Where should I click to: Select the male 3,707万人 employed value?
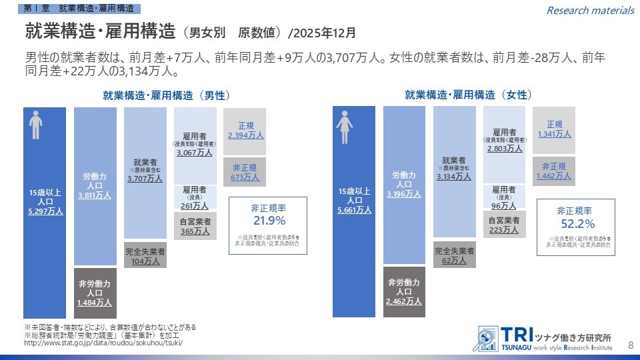pyautogui.click(x=145, y=179)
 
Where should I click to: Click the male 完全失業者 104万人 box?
pyautogui.click(x=145, y=257)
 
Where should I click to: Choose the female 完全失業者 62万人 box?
pyautogui.click(x=454, y=257)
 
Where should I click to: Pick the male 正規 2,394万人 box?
pyautogui.click(x=245, y=130)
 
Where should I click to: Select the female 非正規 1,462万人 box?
pyautogui.click(x=553, y=171)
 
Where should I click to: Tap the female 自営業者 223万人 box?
pyautogui.click(x=504, y=225)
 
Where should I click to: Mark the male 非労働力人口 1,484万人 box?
pyautogui.click(x=95, y=293)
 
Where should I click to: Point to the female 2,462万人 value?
pyautogui.click(x=403, y=301)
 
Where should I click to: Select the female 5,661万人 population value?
pyautogui.click(x=354, y=211)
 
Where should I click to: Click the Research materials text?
pyautogui.click(x=590, y=10)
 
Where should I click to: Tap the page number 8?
pyautogui.click(x=631, y=344)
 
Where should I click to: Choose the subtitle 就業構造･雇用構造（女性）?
pyautogui.click(x=469, y=95)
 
